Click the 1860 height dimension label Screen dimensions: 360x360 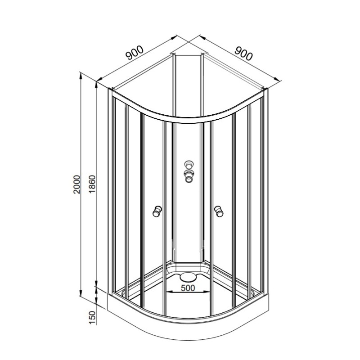click(92, 184)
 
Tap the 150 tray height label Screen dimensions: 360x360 click(92, 318)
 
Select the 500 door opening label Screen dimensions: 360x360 click(188, 288)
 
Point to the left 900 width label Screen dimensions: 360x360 click(135, 53)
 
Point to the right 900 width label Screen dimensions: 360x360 click(243, 54)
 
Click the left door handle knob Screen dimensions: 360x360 click(157, 211)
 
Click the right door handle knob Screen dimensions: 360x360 click(219, 211)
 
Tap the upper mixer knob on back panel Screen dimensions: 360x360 click(189, 165)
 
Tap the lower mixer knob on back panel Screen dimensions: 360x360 click(189, 176)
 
